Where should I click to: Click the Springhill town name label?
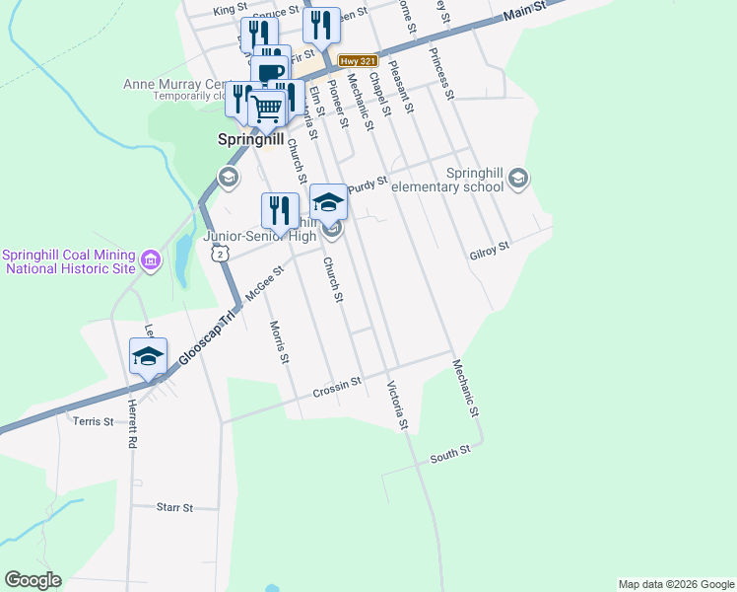coord(250,140)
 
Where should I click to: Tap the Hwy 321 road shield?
coord(358,60)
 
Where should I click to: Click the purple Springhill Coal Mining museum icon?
coord(151,260)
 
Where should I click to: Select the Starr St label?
coord(174,507)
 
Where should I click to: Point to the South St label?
coord(450,455)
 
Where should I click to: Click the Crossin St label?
coord(338,385)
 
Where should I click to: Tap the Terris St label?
coord(94,421)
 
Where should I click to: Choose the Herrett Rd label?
coord(129,430)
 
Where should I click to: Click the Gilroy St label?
coord(489,248)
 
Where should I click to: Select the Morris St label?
coord(279,341)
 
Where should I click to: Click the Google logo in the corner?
coord(33,580)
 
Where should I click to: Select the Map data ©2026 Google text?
coord(675,584)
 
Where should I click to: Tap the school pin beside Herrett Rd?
coord(148,356)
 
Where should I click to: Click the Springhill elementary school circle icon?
coord(519,179)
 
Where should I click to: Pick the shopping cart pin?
coord(267,110)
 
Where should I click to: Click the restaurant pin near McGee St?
coord(279,210)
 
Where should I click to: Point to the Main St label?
coord(523,13)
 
